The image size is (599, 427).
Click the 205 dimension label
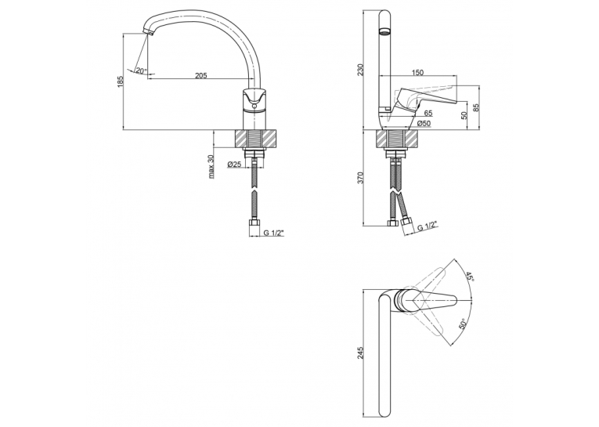click(201, 75)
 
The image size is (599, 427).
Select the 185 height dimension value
click(121, 81)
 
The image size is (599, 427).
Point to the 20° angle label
click(141, 71)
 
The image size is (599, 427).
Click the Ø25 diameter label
click(234, 165)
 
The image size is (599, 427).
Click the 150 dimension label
click(418, 73)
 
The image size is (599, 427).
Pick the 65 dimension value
click(428, 113)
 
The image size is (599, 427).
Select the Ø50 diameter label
click(424, 124)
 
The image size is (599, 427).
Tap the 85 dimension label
click(476, 109)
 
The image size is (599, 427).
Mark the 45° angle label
click(469, 277)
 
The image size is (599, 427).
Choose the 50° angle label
click(463, 324)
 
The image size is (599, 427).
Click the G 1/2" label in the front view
click(273, 233)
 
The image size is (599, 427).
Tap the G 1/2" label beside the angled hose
click(427, 225)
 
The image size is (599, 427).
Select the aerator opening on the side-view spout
click(384, 31)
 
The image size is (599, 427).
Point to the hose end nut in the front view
click(254, 223)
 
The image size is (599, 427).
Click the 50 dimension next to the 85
click(464, 115)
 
